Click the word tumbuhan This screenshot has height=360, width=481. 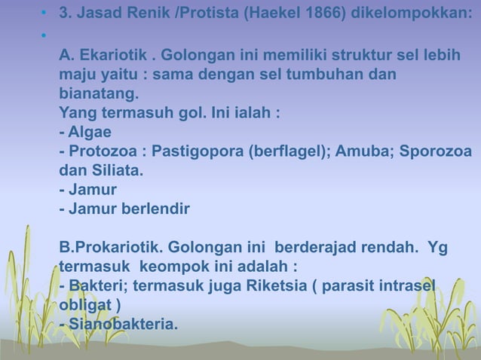click(x=345, y=77)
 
